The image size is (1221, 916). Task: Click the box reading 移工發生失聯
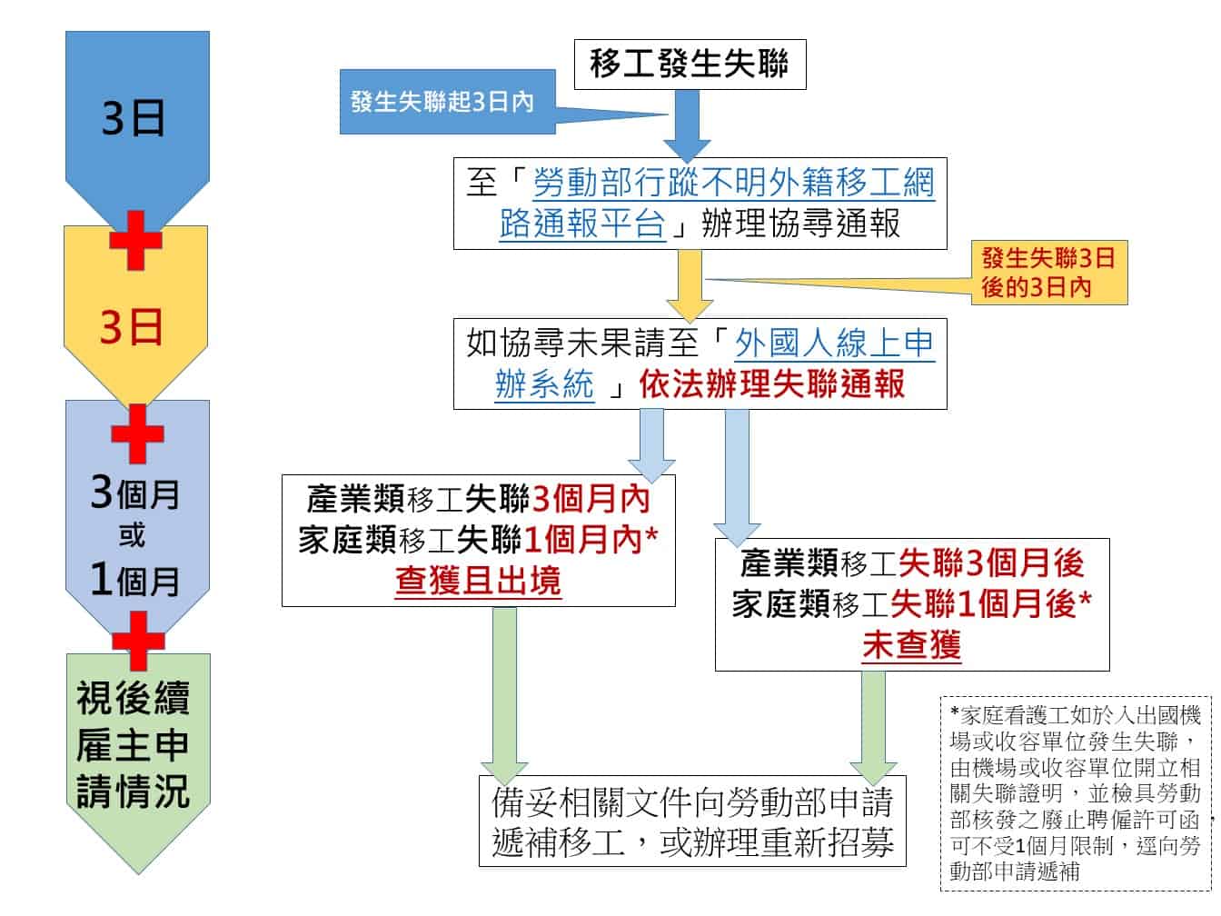point(690,64)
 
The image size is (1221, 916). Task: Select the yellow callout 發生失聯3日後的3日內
point(1048,273)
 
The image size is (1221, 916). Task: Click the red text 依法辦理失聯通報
point(771,384)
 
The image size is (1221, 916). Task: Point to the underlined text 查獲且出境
point(478,582)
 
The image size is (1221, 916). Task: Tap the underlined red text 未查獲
point(911,646)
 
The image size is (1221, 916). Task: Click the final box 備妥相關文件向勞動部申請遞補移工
point(692,821)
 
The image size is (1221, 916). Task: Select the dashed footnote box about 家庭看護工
point(1076,792)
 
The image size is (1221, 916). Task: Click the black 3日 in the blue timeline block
point(134,119)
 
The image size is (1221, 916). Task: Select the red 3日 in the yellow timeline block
point(132,326)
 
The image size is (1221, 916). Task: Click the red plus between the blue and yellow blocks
point(135,240)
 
